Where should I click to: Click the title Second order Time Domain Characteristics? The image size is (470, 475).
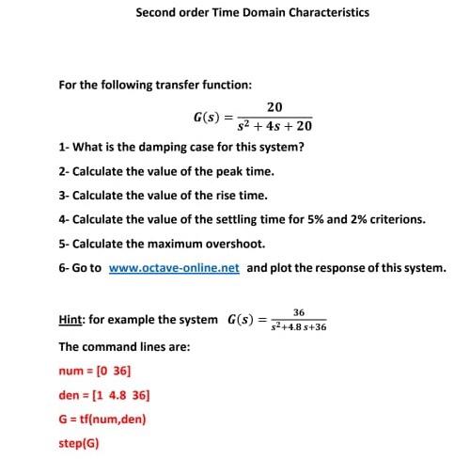[x=252, y=13]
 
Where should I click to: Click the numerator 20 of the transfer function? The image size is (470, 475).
[x=274, y=108]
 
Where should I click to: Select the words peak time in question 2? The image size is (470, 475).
[x=247, y=173]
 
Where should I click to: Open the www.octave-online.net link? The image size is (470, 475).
[x=174, y=267]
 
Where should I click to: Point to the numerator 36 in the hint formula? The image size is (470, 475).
[x=299, y=312]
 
